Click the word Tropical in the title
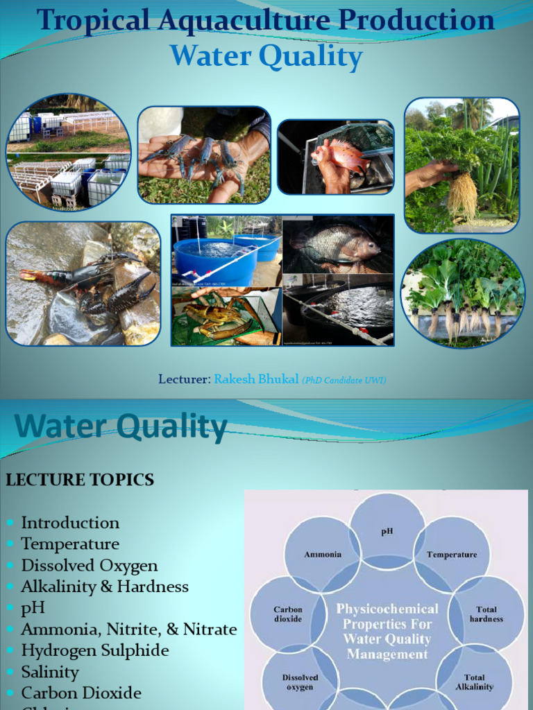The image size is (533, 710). [x=94, y=21]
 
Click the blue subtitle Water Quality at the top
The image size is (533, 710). [x=266, y=56]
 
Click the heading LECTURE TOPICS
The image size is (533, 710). [x=80, y=480]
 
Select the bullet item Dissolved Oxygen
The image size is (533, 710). [x=90, y=566]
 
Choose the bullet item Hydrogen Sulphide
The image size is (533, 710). [x=95, y=650]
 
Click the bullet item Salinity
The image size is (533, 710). [x=50, y=672]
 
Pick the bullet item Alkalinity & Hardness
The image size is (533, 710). [x=105, y=587]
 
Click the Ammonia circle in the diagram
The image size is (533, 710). [x=323, y=554]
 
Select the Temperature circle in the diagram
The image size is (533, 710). [x=452, y=554]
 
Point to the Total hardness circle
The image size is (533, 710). [x=486, y=614]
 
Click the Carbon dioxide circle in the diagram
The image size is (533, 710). [x=287, y=614]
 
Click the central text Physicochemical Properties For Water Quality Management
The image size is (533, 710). [x=387, y=631]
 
